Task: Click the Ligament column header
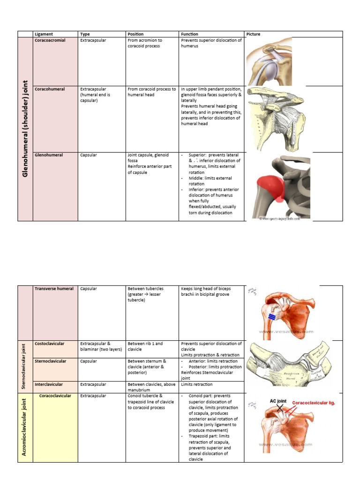[44, 34]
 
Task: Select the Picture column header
[253, 34]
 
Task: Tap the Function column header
[189, 34]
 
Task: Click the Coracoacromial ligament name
[50, 40]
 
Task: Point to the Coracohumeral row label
[50, 89]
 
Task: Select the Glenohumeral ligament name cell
[49, 155]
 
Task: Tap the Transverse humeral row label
[54, 288]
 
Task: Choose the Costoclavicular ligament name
[50, 344]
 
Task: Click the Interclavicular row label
[49, 384]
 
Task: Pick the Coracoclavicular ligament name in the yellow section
[55, 396]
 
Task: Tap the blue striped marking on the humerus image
[271, 317]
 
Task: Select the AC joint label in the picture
[278, 401]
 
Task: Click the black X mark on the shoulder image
[280, 408]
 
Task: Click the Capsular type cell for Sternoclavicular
[89, 361]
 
